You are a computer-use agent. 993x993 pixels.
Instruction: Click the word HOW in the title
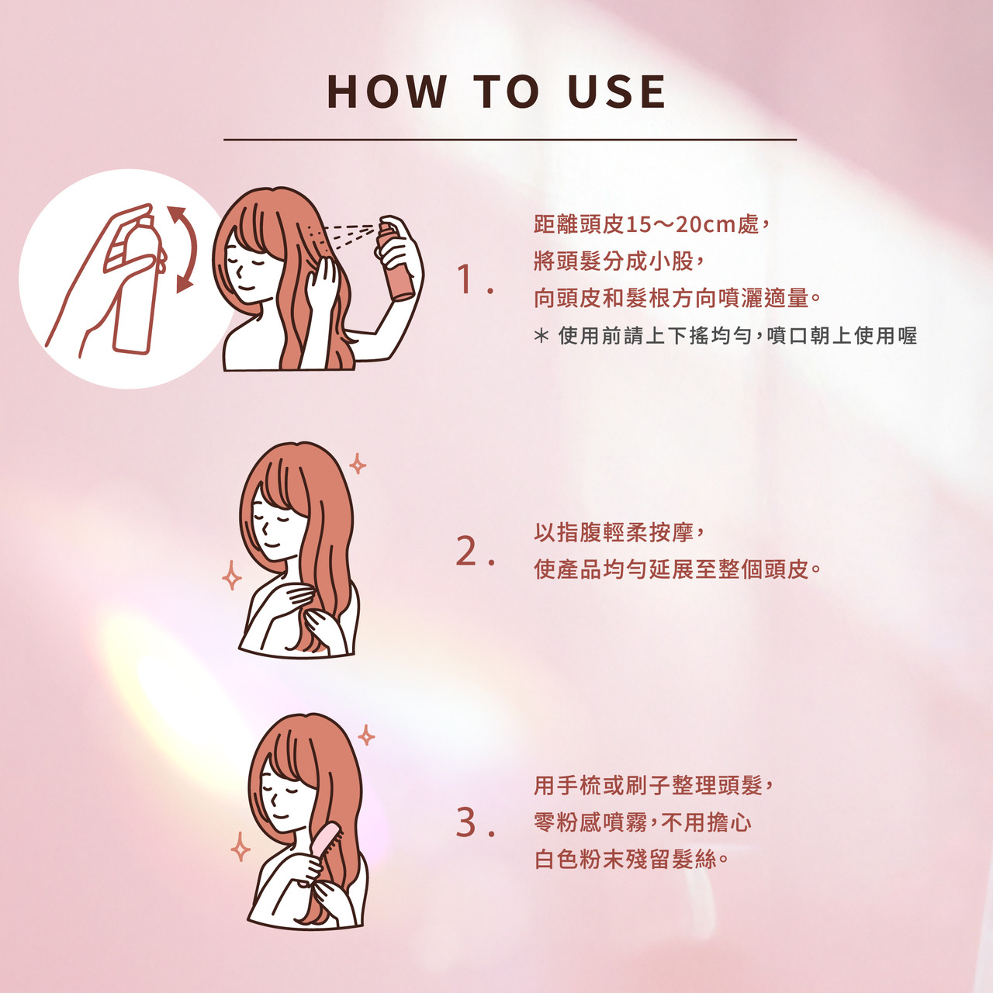(387, 92)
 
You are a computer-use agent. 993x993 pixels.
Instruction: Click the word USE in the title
(616, 92)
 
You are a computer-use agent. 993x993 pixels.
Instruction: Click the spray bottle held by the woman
(396, 260)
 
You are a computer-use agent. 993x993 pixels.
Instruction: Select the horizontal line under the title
(510, 139)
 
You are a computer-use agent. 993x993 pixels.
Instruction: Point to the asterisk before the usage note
(541, 337)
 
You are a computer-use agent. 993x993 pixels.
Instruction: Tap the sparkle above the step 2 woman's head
(357, 464)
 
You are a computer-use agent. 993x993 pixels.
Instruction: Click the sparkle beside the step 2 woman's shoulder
(232, 576)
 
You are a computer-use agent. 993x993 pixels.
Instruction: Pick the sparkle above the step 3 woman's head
(366, 735)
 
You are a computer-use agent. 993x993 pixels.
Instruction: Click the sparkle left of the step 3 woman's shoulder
(240, 846)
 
